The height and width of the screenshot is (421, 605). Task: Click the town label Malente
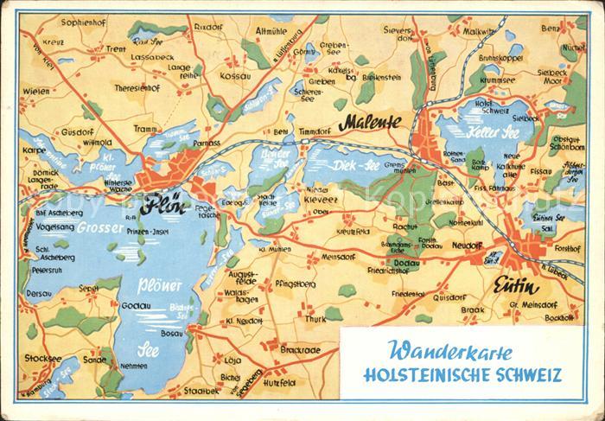[x=369, y=123]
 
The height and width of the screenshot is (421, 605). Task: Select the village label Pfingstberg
[x=294, y=282]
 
